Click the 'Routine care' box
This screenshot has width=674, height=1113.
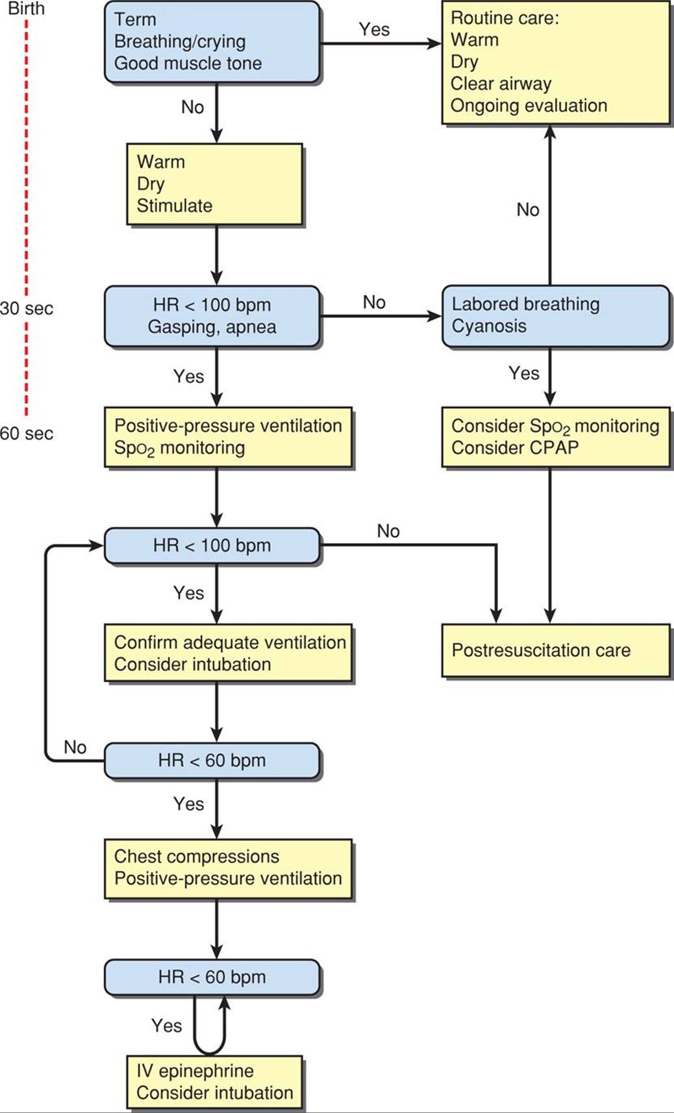coord(556,62)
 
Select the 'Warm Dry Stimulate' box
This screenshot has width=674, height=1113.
coord(215,184)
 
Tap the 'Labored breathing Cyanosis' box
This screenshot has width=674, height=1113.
coord(556,315)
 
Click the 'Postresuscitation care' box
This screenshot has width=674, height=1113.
coord(556,651)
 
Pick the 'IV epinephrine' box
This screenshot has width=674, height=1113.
coord(215,1082)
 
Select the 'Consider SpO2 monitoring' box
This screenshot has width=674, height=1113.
coord(556,437)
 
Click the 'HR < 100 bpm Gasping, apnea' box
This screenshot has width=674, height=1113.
coord(212,316)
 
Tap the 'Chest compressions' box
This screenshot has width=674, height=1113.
coord(229,868)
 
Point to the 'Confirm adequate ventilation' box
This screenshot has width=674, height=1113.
coord(229,653)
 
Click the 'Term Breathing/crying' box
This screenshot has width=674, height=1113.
coord(212,42)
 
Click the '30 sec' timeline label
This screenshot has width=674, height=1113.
coord(27,308)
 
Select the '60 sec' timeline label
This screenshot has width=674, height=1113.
coord(27,434)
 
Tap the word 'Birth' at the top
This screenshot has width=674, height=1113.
coord(26,9)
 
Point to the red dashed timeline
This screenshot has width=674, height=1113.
coord(27,217)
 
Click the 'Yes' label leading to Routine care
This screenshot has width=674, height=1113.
coord(374,29)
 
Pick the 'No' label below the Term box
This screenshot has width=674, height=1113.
coord(192,107)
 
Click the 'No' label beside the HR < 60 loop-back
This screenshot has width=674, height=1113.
coord(75,747)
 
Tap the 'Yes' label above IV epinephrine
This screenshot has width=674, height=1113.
coord(166,1025)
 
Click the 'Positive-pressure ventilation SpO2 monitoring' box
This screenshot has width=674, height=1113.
coord(229,437)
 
